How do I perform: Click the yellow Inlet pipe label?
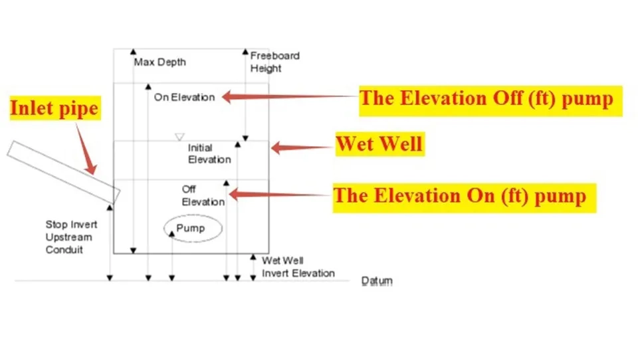[54, 108]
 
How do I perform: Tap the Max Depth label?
[159, 62]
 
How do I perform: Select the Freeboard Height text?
[274, 62]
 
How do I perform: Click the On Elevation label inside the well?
[184, 97]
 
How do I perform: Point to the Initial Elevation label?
[209, 153]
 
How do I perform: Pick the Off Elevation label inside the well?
[203, 196]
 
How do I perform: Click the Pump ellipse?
[192, 228]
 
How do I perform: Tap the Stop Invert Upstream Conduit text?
[68, 237]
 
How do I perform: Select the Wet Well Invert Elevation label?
[298, 267]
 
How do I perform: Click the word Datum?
[376, 281]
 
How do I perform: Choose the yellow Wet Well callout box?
[379, 143]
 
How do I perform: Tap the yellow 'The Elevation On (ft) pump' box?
[463, 196]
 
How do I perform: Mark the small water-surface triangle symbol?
[179, 137]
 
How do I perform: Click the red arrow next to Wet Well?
[302, 147]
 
